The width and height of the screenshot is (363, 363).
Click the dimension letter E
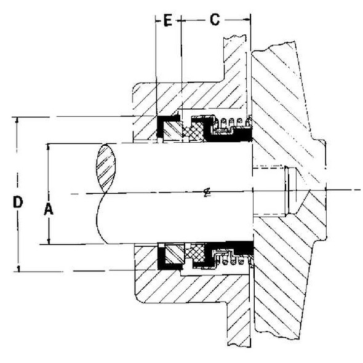[167, 20]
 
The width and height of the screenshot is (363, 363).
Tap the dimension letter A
[49, 209]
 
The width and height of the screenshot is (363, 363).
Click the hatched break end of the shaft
[106, 166]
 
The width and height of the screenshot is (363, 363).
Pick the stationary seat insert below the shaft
[173, 253]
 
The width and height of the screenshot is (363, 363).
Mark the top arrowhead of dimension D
[18, 121]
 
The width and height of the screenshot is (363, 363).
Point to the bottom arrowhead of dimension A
[49, 241]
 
